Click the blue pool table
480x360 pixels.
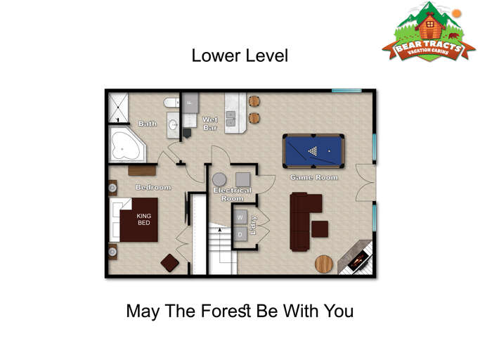tap(314, 151)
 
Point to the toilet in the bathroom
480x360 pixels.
tap(171, 104)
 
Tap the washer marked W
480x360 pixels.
tap(240, 217)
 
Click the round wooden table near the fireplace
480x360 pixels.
tap(324, 264)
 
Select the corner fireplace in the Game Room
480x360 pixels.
tap(356, 258)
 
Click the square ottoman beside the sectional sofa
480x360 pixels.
tap(320, 229)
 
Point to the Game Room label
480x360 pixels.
tap(314, 178)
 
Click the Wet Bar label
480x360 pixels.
tap(210, 124)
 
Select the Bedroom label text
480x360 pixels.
tap(153, 187)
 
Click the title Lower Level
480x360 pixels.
tap(240, 56)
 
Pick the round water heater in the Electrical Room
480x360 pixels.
tap(220, 179)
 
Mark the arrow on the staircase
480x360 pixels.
tap(220, 229)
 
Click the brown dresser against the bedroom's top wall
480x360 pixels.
tap(142, 169)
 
